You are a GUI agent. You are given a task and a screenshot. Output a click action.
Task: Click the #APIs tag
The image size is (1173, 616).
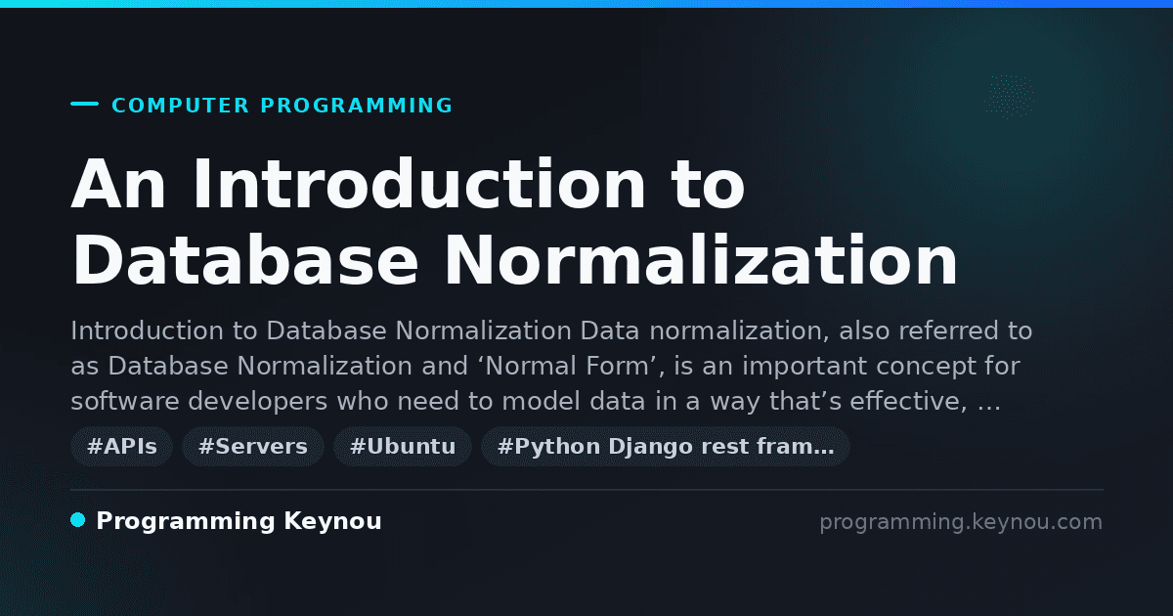pos(121,447)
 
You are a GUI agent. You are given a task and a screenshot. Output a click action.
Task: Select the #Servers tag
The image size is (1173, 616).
pos(253,447)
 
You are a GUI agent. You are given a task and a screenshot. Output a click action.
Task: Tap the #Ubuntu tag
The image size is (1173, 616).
pos(403,447)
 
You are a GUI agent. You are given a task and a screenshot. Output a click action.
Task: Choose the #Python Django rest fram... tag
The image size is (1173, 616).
pos(666,447)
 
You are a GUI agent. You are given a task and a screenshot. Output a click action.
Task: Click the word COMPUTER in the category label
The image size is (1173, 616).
pos(181,106)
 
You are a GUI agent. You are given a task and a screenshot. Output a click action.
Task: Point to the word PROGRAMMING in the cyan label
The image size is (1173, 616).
pos(357,106)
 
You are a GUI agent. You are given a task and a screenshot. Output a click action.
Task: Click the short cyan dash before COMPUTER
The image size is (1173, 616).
pos(84,104)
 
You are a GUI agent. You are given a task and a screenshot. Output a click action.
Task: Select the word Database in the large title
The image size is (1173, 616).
pos(244,260)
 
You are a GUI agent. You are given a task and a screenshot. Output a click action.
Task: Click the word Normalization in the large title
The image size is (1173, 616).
pos(701,260)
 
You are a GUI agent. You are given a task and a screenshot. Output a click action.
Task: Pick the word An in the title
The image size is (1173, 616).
pos(118,184)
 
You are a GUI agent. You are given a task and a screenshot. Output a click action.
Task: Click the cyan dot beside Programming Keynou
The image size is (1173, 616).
pos(78,520)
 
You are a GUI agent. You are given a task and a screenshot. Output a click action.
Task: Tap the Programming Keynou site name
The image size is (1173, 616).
pos(239,521)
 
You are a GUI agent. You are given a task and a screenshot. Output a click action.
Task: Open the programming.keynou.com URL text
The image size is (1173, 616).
pos(961,522)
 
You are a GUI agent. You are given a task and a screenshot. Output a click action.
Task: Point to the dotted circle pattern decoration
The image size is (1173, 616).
pos(1009,97)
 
